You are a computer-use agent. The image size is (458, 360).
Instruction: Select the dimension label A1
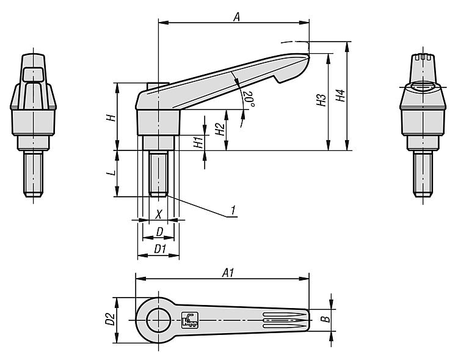point(228,274)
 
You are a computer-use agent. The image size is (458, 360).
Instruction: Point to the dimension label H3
point(321,101)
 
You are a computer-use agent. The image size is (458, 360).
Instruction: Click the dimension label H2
point(219,129)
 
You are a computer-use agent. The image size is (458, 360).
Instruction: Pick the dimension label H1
point(197,143)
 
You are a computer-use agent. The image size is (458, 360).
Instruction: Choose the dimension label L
point(111,174)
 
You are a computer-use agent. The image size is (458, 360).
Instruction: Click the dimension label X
point(159,214)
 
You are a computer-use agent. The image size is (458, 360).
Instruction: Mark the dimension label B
point(326,318)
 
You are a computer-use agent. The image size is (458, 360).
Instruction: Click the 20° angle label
point(247,98)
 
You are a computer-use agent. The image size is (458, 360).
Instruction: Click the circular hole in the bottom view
point(158,318)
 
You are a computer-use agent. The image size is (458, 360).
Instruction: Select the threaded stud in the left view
point(34,174)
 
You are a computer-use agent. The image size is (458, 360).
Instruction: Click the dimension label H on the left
point(111,116)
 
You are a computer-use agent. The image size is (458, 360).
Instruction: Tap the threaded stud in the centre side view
point(159,174)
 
